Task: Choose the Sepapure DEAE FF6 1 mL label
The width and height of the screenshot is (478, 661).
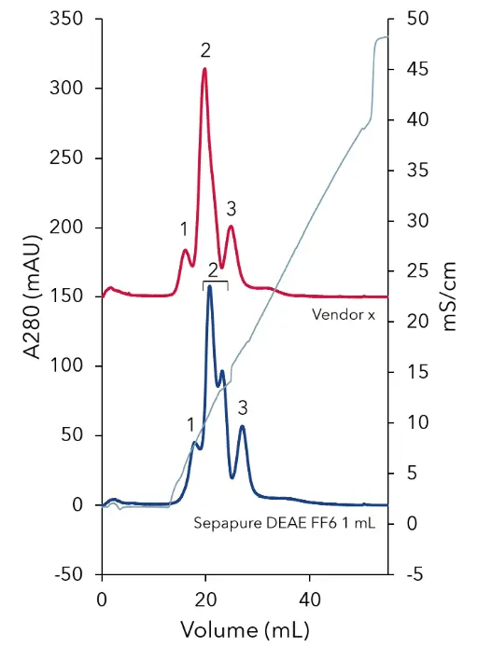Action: click(284, 524)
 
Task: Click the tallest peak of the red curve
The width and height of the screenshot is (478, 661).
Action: click(204, 69)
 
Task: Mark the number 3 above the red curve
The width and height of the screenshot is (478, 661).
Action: click(232, 207)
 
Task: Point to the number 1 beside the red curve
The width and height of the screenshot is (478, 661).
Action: click(184, 228)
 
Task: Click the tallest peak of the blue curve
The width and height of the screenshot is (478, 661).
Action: click(209, 286)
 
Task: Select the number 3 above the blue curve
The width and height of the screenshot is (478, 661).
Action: click(243, 407)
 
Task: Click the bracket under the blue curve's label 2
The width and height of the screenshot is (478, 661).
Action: click(215, 282)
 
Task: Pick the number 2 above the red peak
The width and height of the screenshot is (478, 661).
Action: click(205, 49)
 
